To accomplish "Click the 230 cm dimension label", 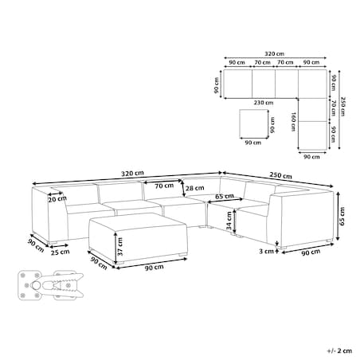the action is click(264, 103).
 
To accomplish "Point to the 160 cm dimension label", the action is click(293, 122).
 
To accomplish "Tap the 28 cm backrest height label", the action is click(195, 188).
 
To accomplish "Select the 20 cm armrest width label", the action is click(57, 198).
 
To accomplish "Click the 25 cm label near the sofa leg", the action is click(61, 252).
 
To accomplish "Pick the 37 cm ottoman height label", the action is click(120, 247).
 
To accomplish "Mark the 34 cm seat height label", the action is click(229, 221).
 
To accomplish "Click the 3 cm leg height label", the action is click(266, 251).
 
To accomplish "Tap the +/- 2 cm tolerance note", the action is click(339, 350).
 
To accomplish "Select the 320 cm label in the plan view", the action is click(274, 53).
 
